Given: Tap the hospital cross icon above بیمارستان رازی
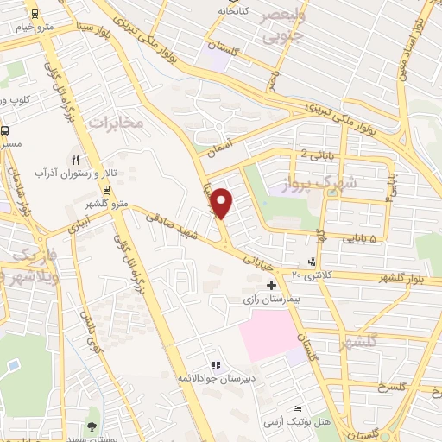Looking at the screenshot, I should click(x=272, y=285).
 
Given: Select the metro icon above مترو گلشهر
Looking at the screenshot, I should click(x=106, y=190).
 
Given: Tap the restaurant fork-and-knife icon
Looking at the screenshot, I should click(x=76, y=160).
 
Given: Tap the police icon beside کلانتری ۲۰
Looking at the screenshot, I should click(x=312, y=262).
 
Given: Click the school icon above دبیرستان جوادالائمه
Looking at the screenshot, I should click(x=215, y=366).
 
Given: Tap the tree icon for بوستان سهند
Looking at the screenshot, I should click(x=92, y=426).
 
